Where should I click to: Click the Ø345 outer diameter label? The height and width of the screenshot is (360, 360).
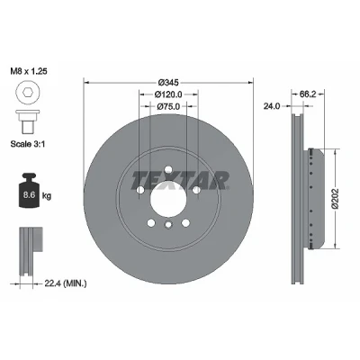tap(168, 82)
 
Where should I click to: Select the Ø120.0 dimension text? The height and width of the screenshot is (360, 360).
tap(168, 94)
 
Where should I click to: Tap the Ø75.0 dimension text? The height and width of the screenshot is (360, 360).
tap(168, 106)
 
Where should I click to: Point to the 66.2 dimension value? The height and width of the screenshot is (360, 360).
tap(308, 94)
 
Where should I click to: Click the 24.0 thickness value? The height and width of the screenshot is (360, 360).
tap(272, 106)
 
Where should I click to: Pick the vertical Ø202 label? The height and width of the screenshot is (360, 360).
tap(335, 198)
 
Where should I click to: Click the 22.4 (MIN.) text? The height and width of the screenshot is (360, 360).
tap(66, 283)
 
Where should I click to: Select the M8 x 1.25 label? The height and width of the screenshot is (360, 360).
tap(29, 71)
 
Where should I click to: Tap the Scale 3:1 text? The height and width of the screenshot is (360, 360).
tap(28, 144)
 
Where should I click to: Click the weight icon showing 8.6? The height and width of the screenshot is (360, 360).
tap(29, 191)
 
